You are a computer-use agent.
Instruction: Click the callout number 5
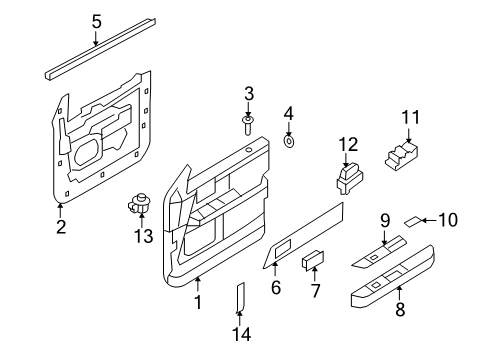point(96,20)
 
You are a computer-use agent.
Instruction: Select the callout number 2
point(60,227)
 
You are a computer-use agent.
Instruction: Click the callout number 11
point(407,119)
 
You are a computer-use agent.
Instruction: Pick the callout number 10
point(446,220)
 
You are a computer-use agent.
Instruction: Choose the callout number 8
point(399,310)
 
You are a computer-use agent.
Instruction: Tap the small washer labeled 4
point(289,142)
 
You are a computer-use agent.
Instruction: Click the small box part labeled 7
point(313,261)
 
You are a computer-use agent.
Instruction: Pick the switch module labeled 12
point(346,180)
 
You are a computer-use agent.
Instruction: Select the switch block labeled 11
point(406,156)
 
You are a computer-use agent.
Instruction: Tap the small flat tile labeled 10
point(413,221)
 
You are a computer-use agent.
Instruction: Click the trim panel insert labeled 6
point(305,237)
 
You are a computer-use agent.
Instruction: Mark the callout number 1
point(197,302)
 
